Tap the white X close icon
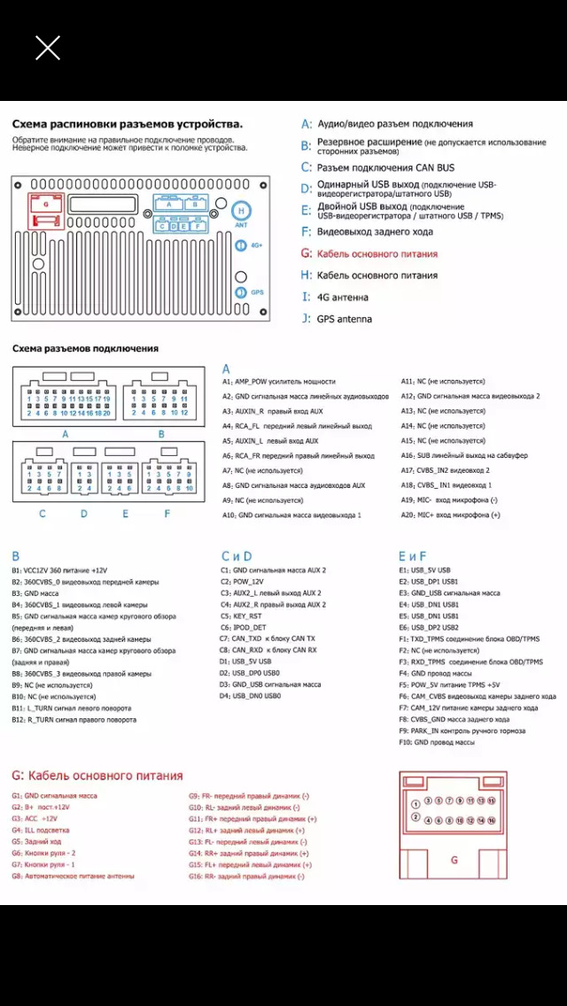pyautogui.click(x=48, y=48)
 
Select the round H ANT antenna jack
pyautogui.click(x=240, y=212)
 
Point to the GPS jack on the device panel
pyautogui.click(x=241, y=292)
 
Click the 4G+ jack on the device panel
pyautogui.click(x=241, y=245)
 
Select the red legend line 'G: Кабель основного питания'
pyautogui.click(x=369, y=254)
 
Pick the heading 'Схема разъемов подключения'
pyautogui.click(x=85, y=349)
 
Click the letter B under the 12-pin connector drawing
pyautogui.click(x=161, y=434)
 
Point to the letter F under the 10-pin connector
pyautogui.click(x=167, y=513)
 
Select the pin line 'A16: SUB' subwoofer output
pyautogui.click(x=464, y=455)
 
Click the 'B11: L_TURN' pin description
pyautogui.click(x=74, y=708)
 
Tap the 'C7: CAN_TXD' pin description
pyautogui.click(x=268, y=638)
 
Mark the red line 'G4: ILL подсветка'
pyautogui.click(x=41, y=831)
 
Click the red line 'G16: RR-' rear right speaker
pyautogui.click(x=245, y=876)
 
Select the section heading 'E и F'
pyautogui.click(x=412, y=556)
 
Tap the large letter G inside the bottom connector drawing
pyautogui.click(x=454, y=860)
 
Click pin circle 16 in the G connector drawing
pyautogui.click(x=492, y=820)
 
